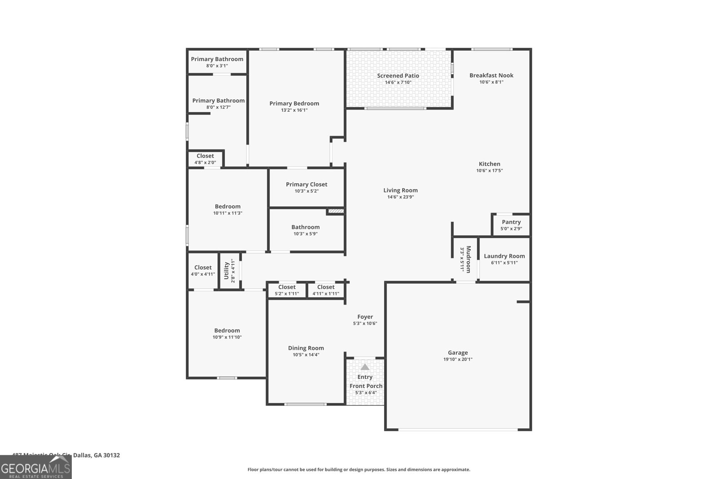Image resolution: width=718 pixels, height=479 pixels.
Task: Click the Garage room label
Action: (x=458, y=353)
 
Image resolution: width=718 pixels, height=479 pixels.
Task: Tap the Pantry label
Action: (x=511, y=222)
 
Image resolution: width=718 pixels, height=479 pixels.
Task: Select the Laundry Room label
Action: (x=504, y=256)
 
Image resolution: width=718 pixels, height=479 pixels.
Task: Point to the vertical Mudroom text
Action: (x=468, y=259)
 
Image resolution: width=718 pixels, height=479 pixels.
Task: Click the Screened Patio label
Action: (x=398, y=76)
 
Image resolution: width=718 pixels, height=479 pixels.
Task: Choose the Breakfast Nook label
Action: (x=491, y=75)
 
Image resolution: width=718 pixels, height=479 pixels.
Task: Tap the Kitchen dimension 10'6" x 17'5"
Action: (x=489, y=171)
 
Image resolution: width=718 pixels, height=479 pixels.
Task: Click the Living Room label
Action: (x=400, y=190)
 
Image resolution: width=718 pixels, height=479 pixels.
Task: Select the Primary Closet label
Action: (x=306, y=185)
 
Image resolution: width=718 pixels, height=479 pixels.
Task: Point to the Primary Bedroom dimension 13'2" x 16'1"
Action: (x=294, y=110)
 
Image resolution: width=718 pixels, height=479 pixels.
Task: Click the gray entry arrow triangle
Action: (x=365, y=367)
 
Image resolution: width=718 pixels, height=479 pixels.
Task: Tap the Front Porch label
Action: (x=366, y=386)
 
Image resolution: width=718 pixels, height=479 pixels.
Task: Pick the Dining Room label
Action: (x=306, y=348)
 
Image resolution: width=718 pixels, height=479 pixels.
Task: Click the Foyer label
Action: (x=365, y=317)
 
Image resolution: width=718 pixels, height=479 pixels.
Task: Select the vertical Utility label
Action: (x=227, y=270)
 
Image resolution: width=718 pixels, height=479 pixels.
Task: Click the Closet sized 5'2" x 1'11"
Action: (x=287, y=287)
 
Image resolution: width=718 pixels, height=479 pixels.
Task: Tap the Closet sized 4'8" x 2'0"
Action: (x=205, y=156)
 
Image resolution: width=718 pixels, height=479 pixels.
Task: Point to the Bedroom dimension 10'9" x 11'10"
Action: (x=227, y=337)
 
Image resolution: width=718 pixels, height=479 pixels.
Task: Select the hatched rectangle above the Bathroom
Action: (x=336, y=210)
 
